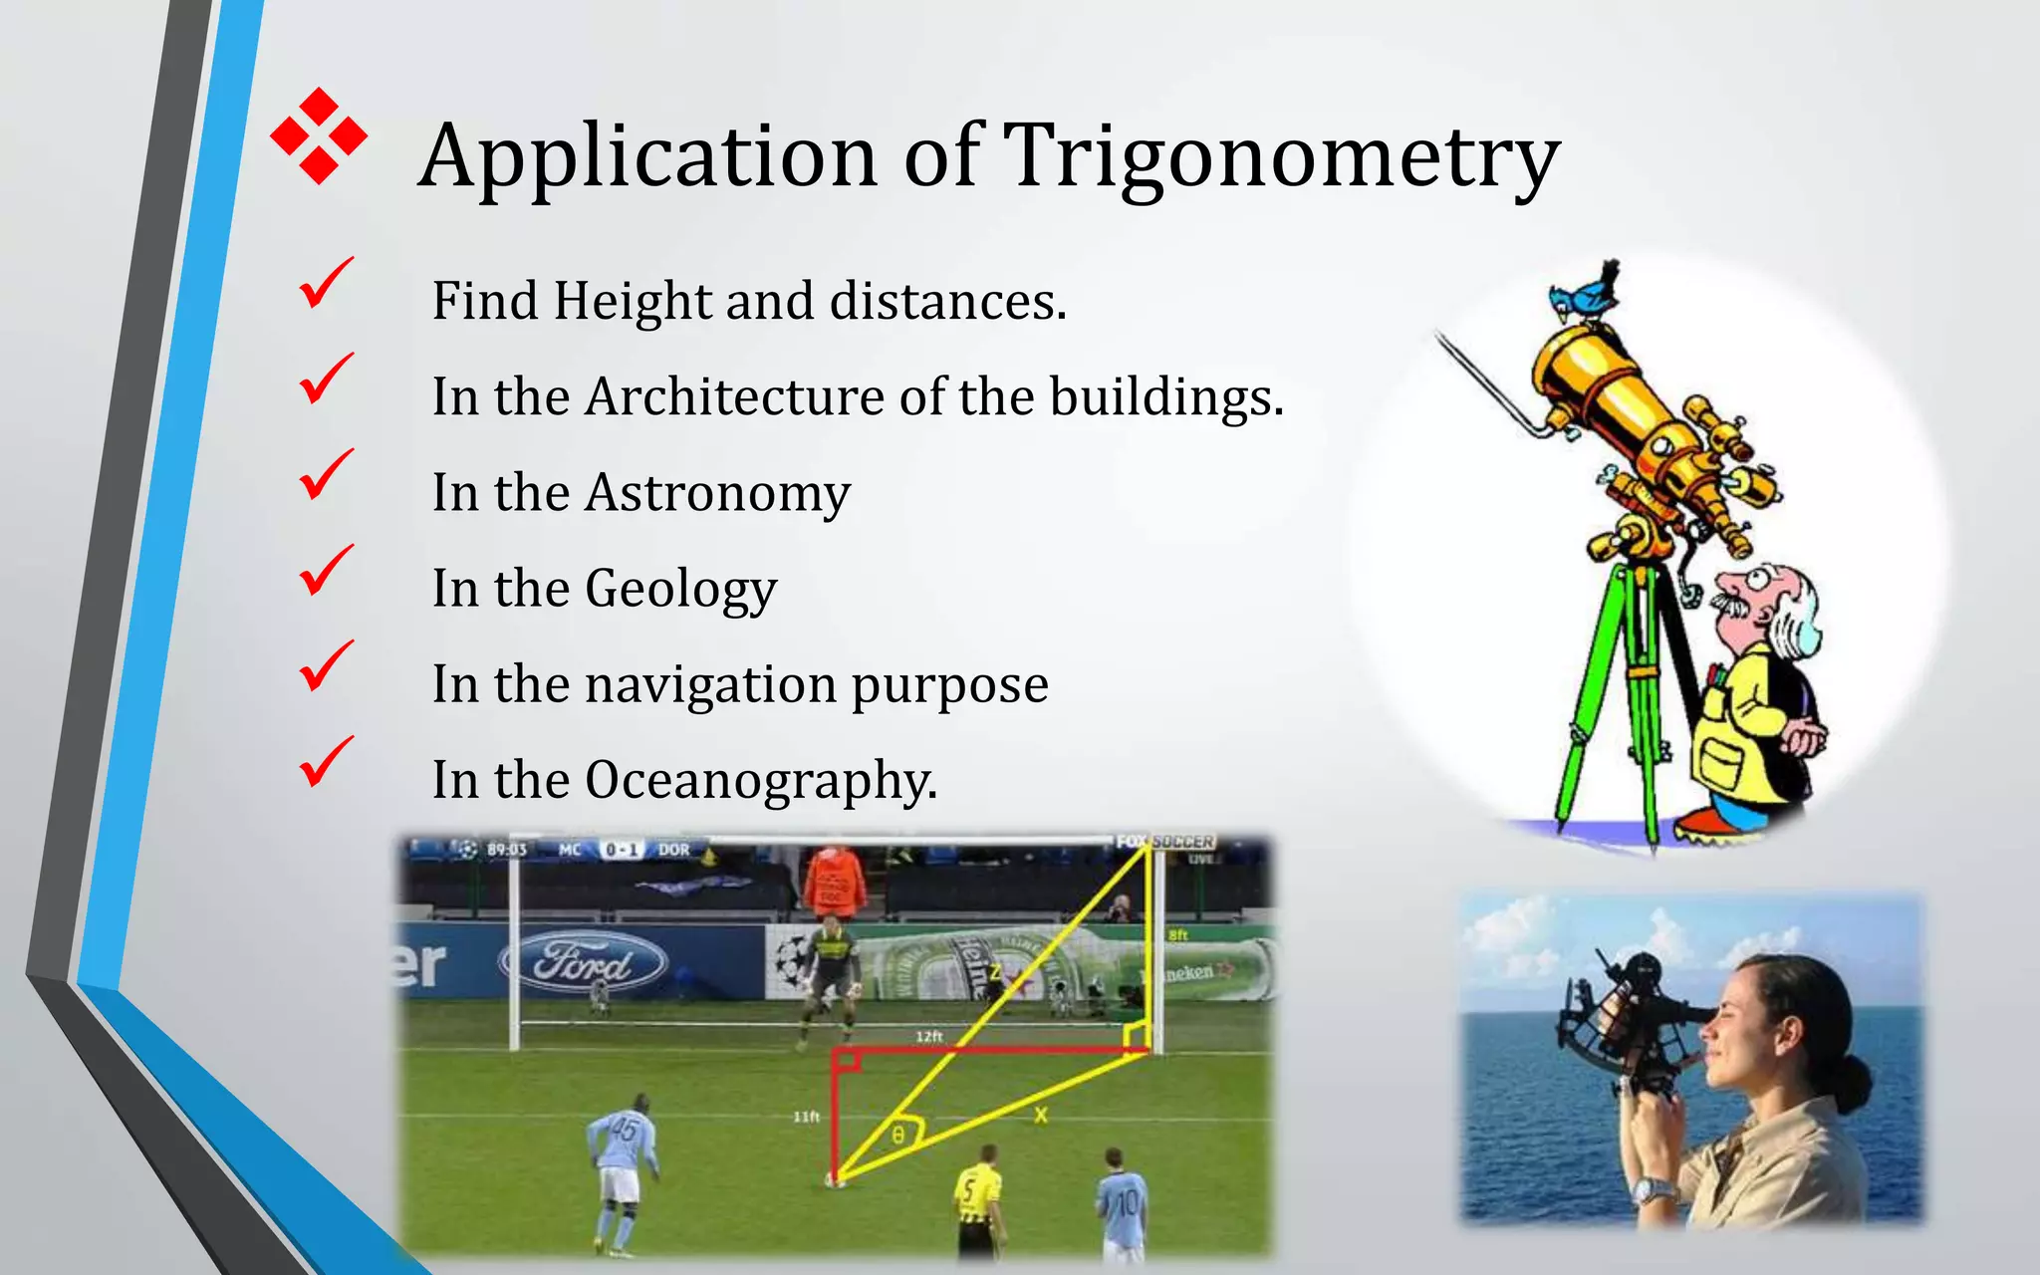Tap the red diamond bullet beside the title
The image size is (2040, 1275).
(x=319, y=136)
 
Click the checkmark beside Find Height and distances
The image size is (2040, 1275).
(x=325, y=283)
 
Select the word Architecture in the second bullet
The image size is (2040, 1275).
(x=733, y=396)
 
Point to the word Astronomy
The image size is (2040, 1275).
(x=717, y=492)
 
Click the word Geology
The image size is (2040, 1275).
(x=680, y=588)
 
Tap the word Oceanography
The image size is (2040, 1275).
(x=760, y=780)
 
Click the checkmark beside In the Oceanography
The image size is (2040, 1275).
(x=325, y=762)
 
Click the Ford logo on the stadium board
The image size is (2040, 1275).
(x=583, y=962)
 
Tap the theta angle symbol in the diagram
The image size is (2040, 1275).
(x=897, y=1135)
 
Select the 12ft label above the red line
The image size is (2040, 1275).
(x=928, y=1037)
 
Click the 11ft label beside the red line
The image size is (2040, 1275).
(x=806, y=1117)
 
